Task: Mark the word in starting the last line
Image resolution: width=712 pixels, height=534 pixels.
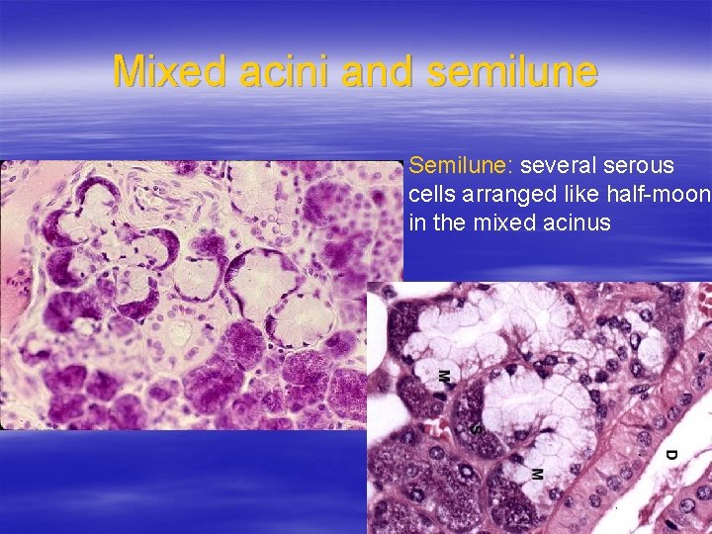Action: point(417,223)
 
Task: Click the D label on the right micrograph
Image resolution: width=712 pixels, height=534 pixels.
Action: point(669,456)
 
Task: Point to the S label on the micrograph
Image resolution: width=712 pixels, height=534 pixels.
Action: point(476,429)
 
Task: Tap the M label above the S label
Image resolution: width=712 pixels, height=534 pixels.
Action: point(443,376)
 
